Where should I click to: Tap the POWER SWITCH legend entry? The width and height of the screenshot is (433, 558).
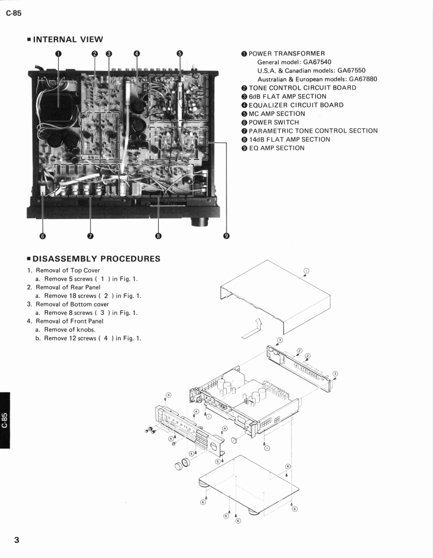point(274,122)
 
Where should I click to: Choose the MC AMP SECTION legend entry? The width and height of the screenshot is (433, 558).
point(277,114)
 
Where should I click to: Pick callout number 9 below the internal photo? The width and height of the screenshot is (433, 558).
point(227,236)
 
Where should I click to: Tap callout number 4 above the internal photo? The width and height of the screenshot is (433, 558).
point(137,53)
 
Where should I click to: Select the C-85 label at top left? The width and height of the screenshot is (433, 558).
point(14,14)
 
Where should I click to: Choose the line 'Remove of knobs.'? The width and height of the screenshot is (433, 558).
point(70,330)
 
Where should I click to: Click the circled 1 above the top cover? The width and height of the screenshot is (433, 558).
point(306,271)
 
